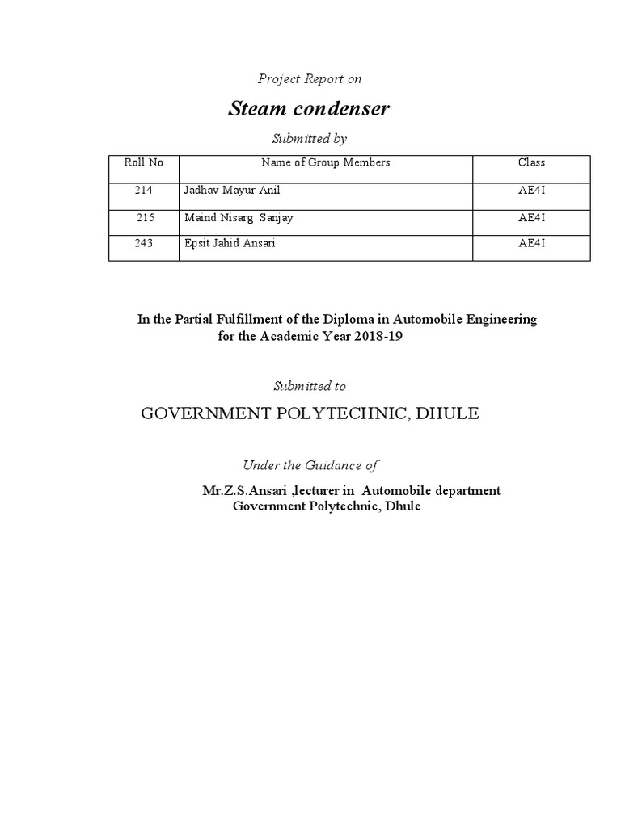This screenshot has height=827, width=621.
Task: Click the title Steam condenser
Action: (309, 109)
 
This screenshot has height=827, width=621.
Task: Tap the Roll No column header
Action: (143, 162)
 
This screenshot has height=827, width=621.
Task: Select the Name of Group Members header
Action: (325, 162)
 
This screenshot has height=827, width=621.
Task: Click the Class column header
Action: (531, 162)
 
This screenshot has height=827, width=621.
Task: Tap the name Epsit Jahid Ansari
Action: (230, 243)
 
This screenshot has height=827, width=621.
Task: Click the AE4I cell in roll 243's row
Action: (531, 243)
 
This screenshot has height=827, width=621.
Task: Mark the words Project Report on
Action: (309, 79)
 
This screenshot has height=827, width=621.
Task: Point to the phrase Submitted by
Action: (310, 139)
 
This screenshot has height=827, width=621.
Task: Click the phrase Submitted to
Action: (310, 387)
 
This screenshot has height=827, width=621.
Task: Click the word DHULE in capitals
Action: (449, 414)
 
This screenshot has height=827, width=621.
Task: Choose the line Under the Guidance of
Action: (310, 465)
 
